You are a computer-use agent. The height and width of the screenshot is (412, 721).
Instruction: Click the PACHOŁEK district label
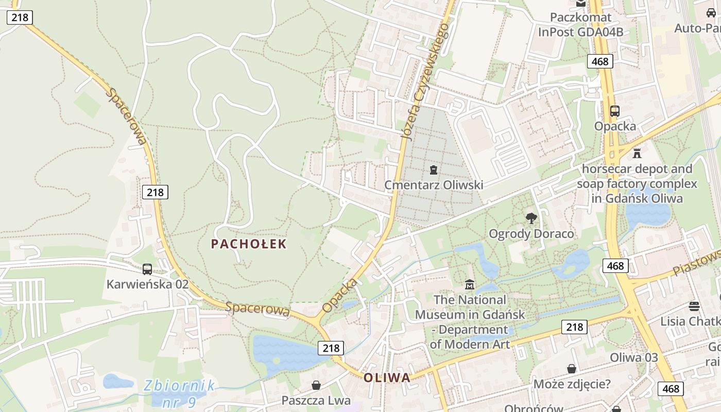click(248, 244)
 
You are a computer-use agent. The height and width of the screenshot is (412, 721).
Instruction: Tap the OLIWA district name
click(387, 377)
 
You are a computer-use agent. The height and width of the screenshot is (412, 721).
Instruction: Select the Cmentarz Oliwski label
click(434, 185)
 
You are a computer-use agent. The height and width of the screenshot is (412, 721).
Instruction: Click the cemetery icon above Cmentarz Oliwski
click(434, 169)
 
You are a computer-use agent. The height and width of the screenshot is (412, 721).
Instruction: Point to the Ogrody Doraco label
click(531, 234)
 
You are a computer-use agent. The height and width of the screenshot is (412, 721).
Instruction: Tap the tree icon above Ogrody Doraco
click(531, 218)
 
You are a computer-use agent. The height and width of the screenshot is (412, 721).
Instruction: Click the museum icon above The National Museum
click(470, 284)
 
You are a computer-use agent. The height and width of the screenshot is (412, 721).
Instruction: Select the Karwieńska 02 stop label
click(147, 284)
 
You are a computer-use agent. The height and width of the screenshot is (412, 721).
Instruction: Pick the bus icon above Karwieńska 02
click(147, 269)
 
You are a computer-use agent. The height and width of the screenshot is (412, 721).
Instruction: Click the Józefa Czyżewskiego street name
click(425, 82)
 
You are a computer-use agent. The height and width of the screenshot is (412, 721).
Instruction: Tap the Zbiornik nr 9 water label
click(179, 393)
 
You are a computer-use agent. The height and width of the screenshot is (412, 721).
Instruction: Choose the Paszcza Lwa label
click(316, 400)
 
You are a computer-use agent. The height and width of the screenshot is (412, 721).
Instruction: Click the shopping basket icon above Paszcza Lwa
click(316, 385)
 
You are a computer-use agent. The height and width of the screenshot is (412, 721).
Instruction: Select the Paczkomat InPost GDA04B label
click(581, 25)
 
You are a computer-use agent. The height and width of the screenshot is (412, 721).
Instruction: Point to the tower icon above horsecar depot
click(637, 153)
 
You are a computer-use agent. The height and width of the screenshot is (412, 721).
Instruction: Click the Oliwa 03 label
click(634, 357)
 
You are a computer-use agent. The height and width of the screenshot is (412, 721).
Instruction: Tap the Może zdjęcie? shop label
click(572, 384)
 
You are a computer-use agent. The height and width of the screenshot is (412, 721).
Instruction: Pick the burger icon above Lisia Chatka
click(694, 306)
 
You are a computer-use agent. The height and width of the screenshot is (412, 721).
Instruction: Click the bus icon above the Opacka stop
click(614, 111)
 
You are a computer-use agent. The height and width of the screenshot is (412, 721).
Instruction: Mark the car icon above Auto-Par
click(711, 13)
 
